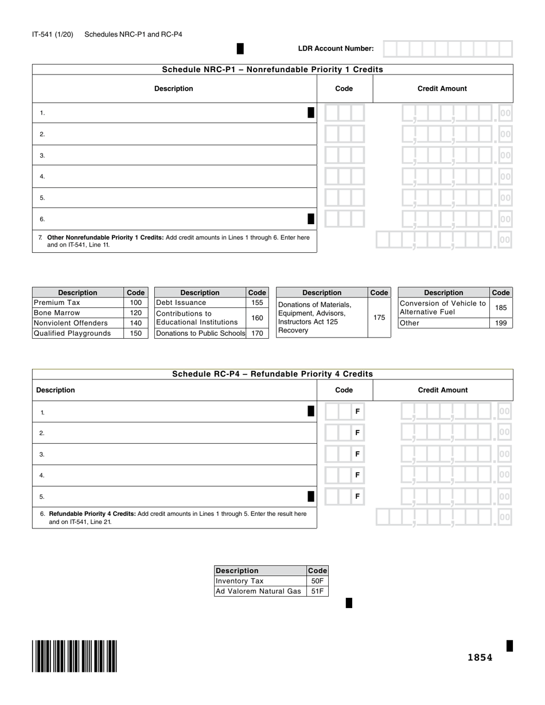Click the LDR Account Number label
coord(336,49)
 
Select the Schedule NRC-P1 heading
coord(272,69)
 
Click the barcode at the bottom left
coord(75,656)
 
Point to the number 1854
coord(480,657)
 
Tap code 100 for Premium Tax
coord(135,303)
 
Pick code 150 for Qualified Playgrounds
coord(135,334)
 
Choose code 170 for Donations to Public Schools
coord(257,333)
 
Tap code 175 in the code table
coord(379,317)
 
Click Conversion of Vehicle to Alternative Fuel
coord(443,308)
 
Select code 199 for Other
coord(501,323)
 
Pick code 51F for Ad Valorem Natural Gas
coord(317,592)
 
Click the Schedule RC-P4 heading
coord(272,374)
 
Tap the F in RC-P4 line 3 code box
coord(357,454)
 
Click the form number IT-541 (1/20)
coord(53,34)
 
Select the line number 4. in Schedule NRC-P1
coord(42,177)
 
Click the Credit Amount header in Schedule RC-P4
coord(442,390)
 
